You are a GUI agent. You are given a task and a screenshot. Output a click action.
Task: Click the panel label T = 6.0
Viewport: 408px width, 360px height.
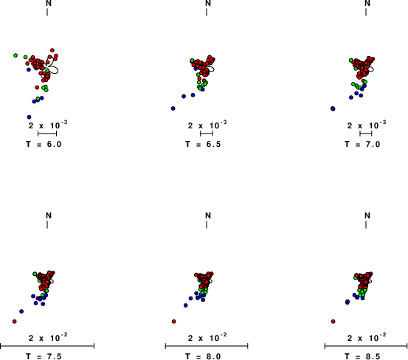coord(44,144)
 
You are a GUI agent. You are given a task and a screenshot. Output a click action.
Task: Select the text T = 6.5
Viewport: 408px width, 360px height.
coord(203,144)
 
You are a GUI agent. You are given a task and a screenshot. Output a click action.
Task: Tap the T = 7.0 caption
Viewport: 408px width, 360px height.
coord(362,144)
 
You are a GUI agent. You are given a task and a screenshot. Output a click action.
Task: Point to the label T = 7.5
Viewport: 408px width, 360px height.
coord(44,356)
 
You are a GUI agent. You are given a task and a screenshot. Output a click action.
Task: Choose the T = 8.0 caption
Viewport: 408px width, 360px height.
coord(203,356)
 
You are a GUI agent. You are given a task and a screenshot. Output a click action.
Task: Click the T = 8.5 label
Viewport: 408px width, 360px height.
coord(362,356)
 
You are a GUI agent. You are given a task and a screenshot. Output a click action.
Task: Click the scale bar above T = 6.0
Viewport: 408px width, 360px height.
coord(47,134)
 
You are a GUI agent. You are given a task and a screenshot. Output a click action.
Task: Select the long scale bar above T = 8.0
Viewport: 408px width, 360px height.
coord(207,346)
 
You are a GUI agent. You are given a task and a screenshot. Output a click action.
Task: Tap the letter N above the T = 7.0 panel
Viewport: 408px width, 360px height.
coord(367,3)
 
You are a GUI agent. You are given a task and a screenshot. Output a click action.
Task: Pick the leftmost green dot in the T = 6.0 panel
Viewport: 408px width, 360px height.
coord(15,55)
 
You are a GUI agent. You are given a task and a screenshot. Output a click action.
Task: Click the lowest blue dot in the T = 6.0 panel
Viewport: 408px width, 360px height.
coord(30,117)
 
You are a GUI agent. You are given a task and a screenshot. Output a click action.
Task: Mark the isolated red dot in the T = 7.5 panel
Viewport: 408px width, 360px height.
coord(14,322)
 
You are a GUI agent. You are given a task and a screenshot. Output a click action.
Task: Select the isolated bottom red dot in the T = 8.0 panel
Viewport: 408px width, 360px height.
coord(174,322)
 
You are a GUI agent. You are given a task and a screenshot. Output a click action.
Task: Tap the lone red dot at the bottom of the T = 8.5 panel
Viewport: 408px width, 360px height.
coord(333,322)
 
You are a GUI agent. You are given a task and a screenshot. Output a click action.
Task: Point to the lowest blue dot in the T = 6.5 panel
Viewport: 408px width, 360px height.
coord(173,108)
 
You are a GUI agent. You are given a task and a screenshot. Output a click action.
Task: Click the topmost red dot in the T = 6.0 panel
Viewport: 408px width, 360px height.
coord(52,50)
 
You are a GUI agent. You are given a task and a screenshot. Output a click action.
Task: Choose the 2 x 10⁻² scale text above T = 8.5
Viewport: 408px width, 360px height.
coord(367,337)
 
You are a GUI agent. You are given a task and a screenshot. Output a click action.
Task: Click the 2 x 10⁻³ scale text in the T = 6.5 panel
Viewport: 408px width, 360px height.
coord(207,125)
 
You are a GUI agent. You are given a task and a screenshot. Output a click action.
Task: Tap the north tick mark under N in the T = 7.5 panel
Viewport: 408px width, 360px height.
coord(47,224)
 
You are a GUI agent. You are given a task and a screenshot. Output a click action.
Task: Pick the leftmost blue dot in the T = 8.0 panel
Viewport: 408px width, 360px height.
coord(185,305)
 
